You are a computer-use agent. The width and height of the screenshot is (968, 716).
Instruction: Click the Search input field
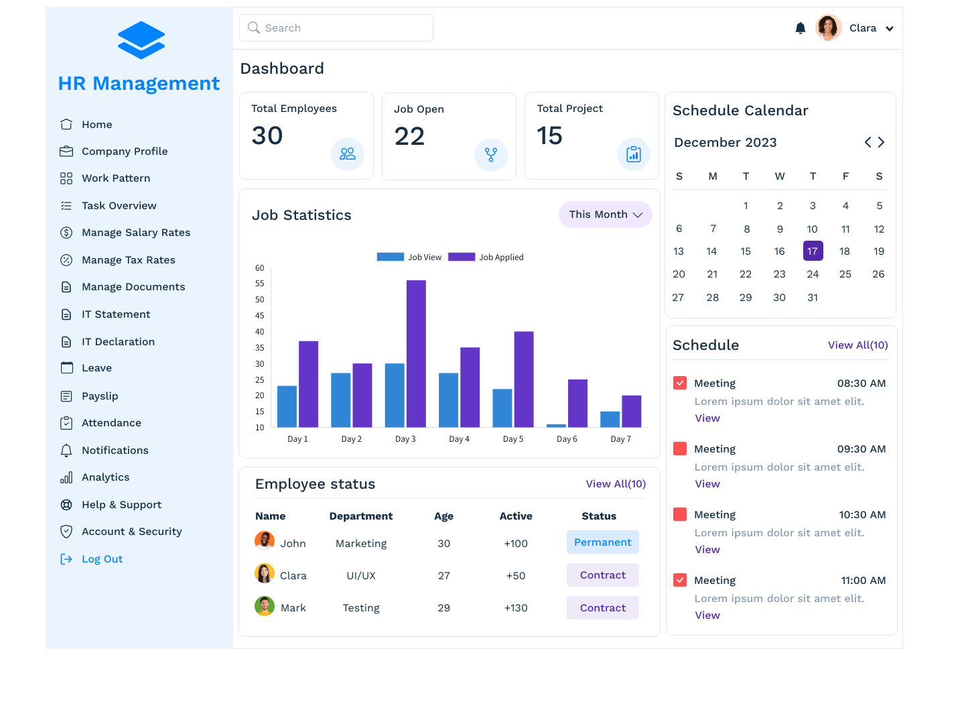point(336,28)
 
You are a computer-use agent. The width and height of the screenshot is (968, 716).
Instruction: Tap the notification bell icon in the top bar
point(800,28)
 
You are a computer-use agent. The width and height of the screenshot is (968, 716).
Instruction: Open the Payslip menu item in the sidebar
point(100,396)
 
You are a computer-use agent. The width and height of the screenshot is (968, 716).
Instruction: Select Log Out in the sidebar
point(102,559)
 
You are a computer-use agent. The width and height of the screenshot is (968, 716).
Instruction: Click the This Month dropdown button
point(605,215)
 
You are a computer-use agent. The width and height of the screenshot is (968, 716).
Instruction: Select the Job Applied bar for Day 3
point(416,353)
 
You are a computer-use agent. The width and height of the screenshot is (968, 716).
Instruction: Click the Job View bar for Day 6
point(556,425)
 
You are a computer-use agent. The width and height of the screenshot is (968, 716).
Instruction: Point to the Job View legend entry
point(409,257)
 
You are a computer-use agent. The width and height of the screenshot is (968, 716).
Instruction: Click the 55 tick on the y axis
point(260,284)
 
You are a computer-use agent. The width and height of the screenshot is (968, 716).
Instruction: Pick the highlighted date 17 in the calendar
point(813,251)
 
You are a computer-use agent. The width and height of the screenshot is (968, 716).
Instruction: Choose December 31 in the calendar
point(813,298)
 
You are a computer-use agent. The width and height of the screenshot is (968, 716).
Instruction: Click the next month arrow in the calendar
point(882,142)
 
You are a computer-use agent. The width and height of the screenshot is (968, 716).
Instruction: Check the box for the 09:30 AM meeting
point(680,449)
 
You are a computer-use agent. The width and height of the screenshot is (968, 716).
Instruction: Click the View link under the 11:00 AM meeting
point(707,615)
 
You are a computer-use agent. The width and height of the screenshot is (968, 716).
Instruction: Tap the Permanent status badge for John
point(602,542)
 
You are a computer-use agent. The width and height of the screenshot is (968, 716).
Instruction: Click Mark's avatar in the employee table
point(265,606)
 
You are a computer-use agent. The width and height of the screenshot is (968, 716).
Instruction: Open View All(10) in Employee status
point(616,484)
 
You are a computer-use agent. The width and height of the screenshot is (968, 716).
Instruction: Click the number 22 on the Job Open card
point(409,137)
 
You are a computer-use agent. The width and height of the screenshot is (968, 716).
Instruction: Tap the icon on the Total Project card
point(633,154)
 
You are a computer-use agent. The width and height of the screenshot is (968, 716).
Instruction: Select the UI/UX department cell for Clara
point(361,576)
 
